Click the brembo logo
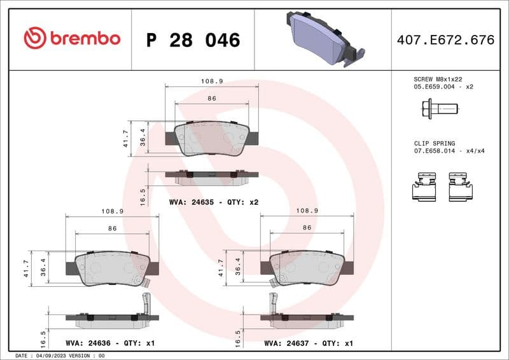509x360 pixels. click(x=71, y=39)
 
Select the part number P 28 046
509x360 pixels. click(x=193, y=40)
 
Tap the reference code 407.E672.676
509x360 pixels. click(x=445, y=40)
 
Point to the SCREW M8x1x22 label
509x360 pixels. click(x=438, y=79)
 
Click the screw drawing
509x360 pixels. click(x=440, y=109)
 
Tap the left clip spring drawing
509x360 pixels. click(x=424, y=186)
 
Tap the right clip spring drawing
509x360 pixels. click(x=460, y=186)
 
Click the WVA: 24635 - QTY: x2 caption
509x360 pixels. click(x=213, y=202)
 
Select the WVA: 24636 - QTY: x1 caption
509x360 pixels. click(x=110, y=343)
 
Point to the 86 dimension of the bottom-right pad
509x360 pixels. click(x=307, y=228)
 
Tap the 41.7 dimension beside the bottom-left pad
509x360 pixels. click(x=27, y=268)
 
